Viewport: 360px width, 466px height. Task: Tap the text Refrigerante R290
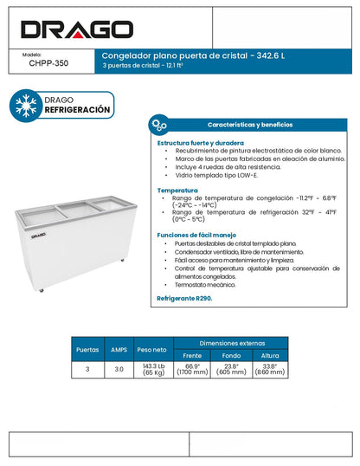184,298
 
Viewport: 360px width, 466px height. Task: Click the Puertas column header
87,350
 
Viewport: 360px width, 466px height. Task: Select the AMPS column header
119,350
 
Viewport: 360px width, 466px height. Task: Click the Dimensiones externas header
229,344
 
